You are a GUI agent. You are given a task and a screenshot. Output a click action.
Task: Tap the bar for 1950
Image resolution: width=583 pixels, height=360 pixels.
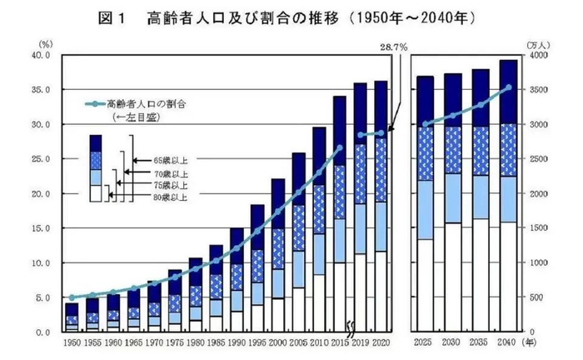tap(72, 317)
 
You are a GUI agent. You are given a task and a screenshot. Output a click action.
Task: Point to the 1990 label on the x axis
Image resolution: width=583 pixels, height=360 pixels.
tap(236, 342)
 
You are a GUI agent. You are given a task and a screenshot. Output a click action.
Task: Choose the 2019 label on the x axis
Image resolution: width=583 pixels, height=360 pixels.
tap(360, 342)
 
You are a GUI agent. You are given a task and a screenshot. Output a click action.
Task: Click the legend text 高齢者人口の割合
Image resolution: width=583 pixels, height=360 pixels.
tap(146, 105)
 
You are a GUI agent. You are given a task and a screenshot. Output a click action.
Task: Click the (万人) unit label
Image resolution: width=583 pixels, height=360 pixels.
tap(535, 42)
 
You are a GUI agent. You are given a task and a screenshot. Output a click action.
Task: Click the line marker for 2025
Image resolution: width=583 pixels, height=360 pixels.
tap(426, 124)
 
